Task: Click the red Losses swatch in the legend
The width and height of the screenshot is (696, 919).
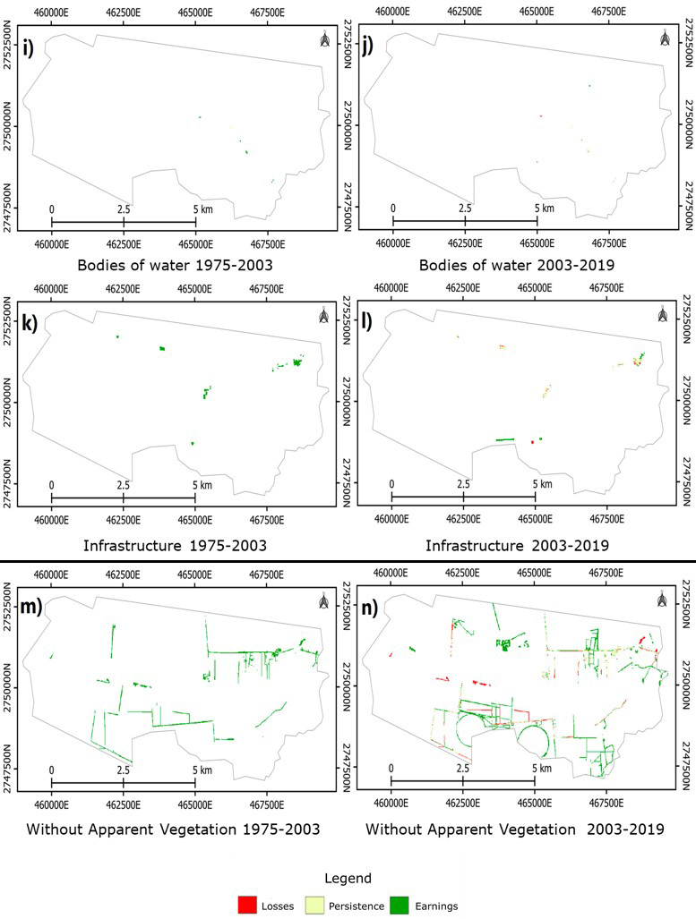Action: pyautogui.click(x=247, y=905)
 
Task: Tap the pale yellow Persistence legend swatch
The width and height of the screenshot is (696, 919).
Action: pyautogui.click(x=319, y=905)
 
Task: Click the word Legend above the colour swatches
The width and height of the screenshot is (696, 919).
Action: pyautogui.click(x=347, y=878)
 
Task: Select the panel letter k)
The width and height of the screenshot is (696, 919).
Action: pyautogui.click(x=29, y=323)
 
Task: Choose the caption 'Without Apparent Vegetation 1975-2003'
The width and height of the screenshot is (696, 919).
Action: pyautogui.click(x=174, y=829)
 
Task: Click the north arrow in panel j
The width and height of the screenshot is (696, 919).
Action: pyautogui.click(x=664, y=40)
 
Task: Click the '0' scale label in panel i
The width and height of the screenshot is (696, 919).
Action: pyautogui.click(x=52, y=208)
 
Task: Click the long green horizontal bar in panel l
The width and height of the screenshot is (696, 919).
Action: pyautogui.click(x=506, y=439)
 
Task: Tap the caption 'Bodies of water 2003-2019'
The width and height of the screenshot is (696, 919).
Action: pyautogui.click(x=513, y=265)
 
